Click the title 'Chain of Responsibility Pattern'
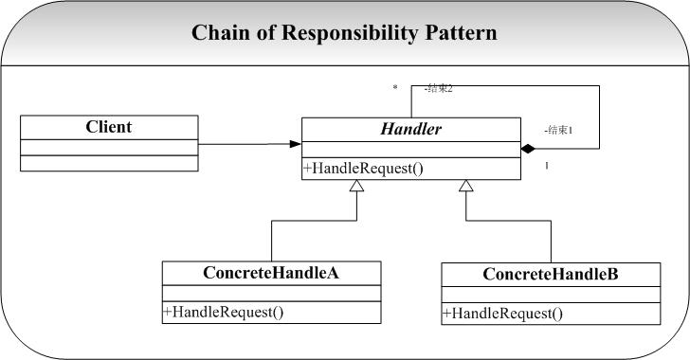[344, 33]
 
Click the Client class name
[109, 127]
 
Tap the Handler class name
[410, 130]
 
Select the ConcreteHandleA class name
[271, 273]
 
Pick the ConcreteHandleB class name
[551, 275]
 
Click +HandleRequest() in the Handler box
[363, 169]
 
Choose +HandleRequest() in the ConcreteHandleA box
[224, 312]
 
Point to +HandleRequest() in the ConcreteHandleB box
[502, 314]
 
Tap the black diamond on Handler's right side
[528, 149]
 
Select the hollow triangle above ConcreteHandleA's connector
[356, 188]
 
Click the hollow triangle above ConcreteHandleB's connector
[465, 188]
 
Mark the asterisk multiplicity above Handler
[395, 88]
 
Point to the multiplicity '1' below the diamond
[547, 167]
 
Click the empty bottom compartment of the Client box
[109, 163]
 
